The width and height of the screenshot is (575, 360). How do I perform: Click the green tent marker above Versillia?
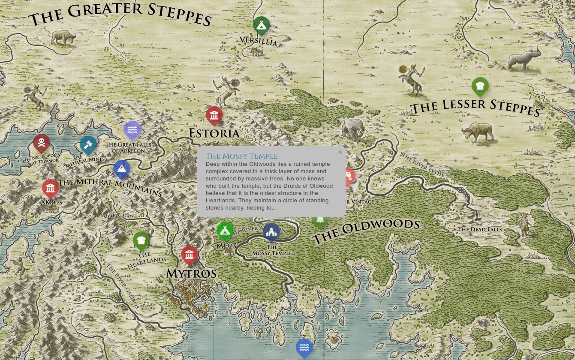coord(261,25)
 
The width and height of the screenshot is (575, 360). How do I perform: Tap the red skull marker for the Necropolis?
coord(41,142)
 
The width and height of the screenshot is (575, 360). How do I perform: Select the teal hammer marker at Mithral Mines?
coord(88,144)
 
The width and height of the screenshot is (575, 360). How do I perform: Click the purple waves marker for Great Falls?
coord(132,129)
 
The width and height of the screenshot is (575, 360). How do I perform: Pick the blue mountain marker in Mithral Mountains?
coord(122,168)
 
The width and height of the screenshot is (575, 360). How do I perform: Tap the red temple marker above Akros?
coord(51,188)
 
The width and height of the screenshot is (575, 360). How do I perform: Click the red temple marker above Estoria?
coord(214,115)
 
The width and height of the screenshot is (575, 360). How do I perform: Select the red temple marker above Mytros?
coord(189,254)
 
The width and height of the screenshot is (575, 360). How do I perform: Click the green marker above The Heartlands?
coord(141,240)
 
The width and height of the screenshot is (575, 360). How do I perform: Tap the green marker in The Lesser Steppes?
coord(480,86)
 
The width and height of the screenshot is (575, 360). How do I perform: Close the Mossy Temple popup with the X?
coord(340,152)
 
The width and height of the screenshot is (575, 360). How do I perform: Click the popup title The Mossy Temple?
coord(241,156)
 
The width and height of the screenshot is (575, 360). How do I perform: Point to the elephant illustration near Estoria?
coord(353,129)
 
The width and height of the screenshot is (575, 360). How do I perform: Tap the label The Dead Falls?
coord(479,229)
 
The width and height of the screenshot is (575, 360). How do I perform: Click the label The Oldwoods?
coord(365,231)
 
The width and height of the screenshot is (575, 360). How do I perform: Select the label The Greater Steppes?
coord(120,15)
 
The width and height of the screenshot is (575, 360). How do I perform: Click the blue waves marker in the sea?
coord(304,347)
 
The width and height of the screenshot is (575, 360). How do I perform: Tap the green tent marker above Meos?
coord(225,230)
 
